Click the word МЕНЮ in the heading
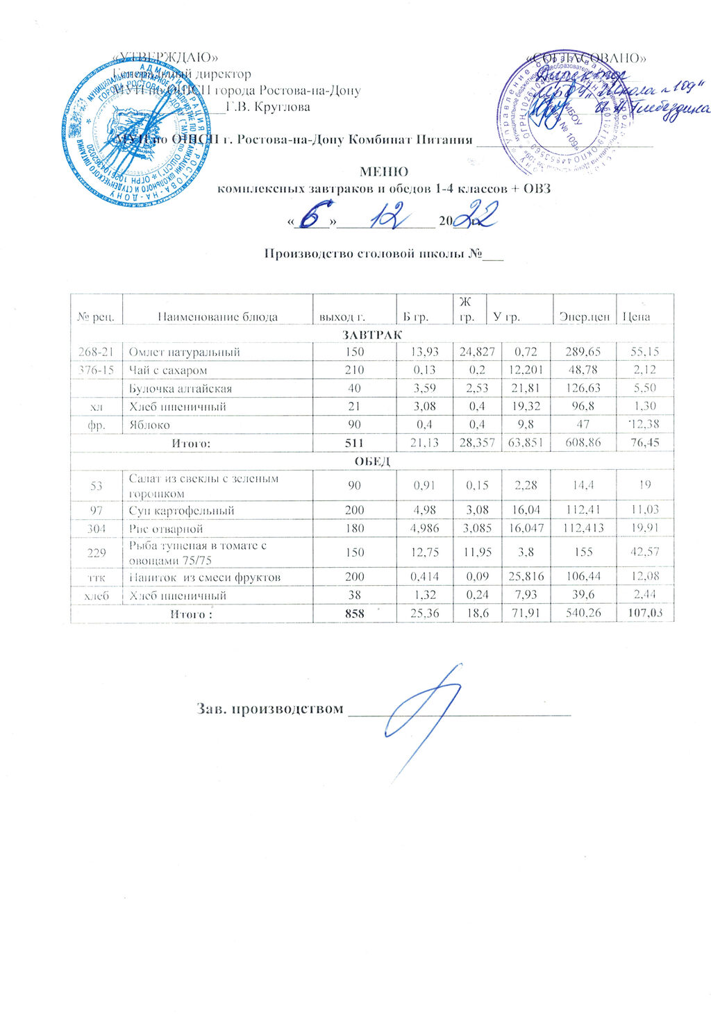click(384, 171)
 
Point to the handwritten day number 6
click(315, 218)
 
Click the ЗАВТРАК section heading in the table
click(371, 335)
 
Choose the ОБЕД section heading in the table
click(372, 461)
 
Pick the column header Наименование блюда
click(217, 316)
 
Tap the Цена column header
click(637, 316)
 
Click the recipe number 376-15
click(96, 370)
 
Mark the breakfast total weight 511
click(354, 442)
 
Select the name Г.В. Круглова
click(268, 107)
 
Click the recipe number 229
click(96, 552)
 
